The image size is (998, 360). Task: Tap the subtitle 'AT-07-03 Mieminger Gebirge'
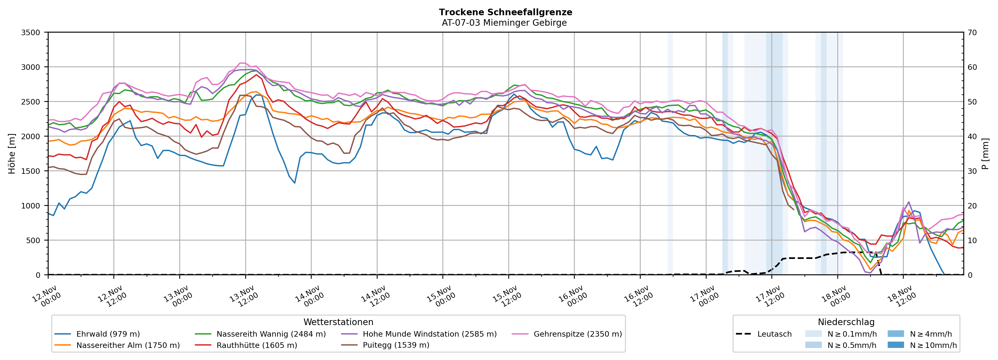504,23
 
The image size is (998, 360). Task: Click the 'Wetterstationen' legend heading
338,322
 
